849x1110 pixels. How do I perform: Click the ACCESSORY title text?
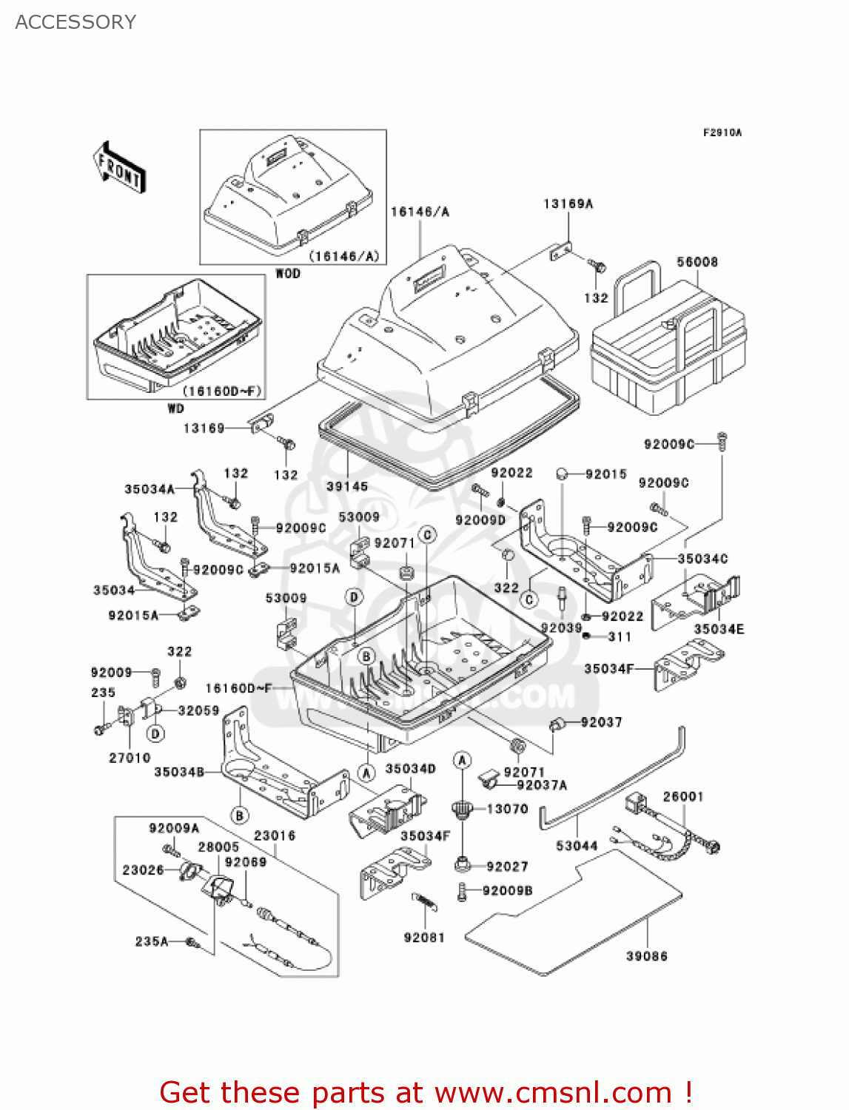tap(75, 22)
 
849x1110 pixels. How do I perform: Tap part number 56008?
tap(697, 262)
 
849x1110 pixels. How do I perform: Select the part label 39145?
tap(347, 486)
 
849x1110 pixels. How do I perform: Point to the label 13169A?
tap(568, 203)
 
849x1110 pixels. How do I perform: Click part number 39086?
tap(646, 956)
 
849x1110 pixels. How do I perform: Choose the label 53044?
tap(577, 845)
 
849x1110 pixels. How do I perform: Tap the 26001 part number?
tap(682, 796)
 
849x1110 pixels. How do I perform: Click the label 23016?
tap(275, 835)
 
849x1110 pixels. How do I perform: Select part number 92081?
tap(424, 938)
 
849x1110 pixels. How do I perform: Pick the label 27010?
tap(130, 758)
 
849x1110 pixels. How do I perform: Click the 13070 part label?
tap(507, 809)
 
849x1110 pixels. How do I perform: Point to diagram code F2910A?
tap(722, 133)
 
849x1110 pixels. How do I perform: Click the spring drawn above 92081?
tap(424, 902)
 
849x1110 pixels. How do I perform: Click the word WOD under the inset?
tap(288, 273)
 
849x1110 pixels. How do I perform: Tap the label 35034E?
tap(718, 629)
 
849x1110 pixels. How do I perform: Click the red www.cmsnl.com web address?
tap(553, 1092)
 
